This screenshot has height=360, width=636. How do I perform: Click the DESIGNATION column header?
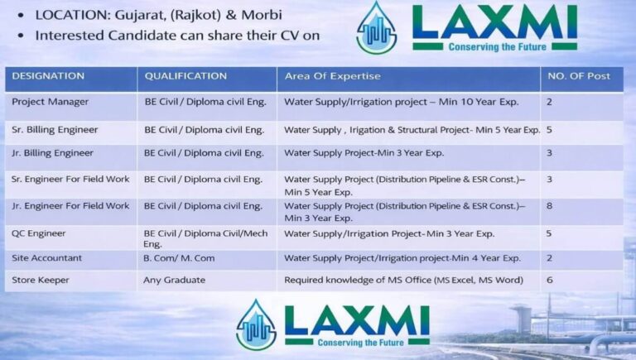click(x=48, y=76)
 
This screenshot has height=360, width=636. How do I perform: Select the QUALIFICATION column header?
click(x=185, y=76)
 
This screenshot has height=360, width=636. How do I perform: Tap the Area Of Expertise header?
click(x=332, y=76)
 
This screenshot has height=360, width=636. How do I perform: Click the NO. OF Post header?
click(x=578, y=76)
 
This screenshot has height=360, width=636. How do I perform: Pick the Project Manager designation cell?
click(x=51, y=103)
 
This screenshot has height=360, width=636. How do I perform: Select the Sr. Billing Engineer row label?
click(x=55, y=130)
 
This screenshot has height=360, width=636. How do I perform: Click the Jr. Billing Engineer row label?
click(x=52, y=153)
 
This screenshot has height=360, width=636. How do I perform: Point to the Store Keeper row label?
click(x=41, y=281)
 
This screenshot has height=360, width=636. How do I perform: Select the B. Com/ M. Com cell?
click(x=179, y=258)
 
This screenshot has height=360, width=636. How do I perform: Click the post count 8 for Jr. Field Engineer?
click(x=549, y=206)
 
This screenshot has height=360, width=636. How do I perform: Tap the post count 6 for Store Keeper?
click(x=549, y=281)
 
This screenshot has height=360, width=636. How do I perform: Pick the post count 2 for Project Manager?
click(x=549, y=103)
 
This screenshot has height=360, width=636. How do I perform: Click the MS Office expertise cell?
click(x=403, y=281)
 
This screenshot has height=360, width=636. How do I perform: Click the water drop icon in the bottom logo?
click(x=256, y=324)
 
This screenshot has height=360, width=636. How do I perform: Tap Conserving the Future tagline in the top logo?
click(x=495, y=47)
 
